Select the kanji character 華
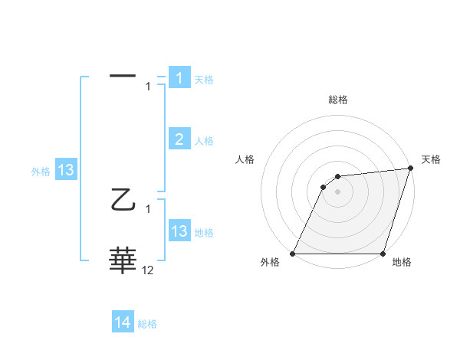click(123, 261)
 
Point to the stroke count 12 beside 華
click(148, 270)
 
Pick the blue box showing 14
click(123, 322)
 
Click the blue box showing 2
click(179, 139)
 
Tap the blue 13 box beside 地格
click(179, 231)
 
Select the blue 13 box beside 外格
click(66, 170)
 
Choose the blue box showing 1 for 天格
click(179, 77)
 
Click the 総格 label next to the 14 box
click(147, 324)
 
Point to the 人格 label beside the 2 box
click(204, 141)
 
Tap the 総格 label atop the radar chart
click(338, 100)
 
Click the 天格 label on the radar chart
click(431, 159)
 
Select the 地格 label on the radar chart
click(402, 263)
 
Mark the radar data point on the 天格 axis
click(411, 169)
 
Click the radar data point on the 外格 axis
click(293, 254)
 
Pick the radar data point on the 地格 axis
click(383, 254)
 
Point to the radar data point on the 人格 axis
click(324, 187)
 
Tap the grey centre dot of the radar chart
click(337, 191)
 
